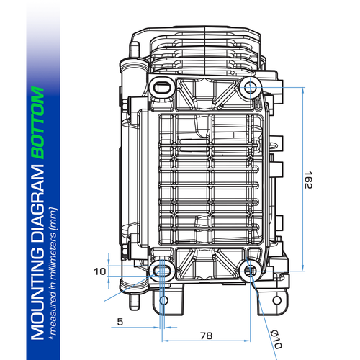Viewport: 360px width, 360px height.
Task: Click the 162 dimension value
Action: click(x=308, y=180)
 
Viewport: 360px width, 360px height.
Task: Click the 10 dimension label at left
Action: click(x=99, y=271)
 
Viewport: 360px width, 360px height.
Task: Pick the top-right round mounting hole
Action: click(x=250, y=89)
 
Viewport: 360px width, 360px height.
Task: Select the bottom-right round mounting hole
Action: click(x=250, y=271)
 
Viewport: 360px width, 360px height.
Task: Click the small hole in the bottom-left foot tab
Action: click(x=163, y=300)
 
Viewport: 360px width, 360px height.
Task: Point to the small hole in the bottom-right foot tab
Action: click(x=271, y=300)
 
